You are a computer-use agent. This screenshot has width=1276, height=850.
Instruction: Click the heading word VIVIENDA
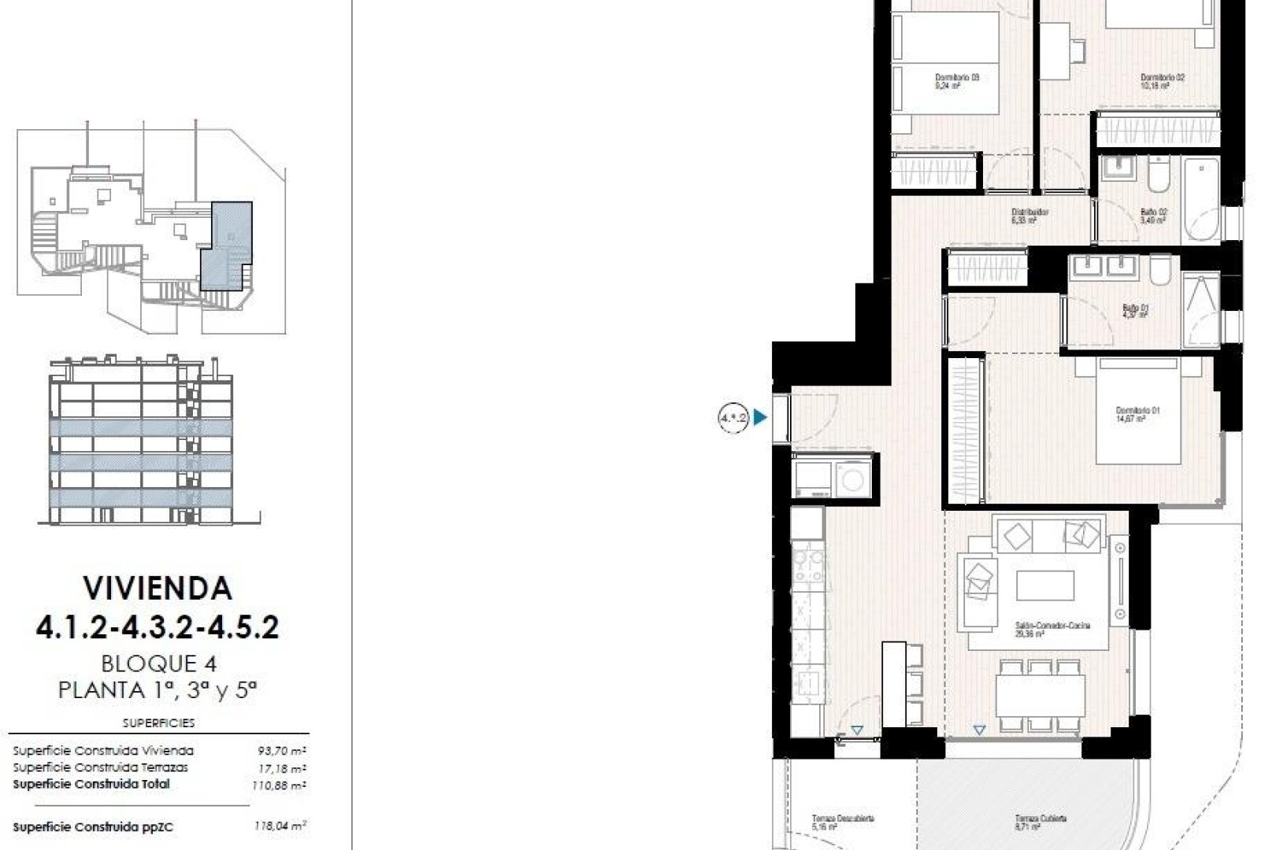[158, 589]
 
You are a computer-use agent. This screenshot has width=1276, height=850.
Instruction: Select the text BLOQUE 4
[158, 663]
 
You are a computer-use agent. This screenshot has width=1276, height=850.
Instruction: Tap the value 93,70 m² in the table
[281, 751]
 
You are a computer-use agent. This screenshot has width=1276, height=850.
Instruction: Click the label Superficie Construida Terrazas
[100, 767]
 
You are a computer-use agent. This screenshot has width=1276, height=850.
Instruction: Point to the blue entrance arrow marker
[760, 418]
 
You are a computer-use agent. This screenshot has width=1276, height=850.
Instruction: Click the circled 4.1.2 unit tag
[733, 418]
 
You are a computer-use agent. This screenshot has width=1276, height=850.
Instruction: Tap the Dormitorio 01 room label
[1137, 414]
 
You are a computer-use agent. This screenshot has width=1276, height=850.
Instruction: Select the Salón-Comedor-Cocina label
[1052, 628]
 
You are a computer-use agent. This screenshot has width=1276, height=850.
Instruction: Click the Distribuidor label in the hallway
[1029, 216]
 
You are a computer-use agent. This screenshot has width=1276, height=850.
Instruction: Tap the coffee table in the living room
[1044, 586]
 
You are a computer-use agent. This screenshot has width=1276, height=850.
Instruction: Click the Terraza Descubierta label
[843, 822]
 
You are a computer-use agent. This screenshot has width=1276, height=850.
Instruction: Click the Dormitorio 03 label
[956, 81]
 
